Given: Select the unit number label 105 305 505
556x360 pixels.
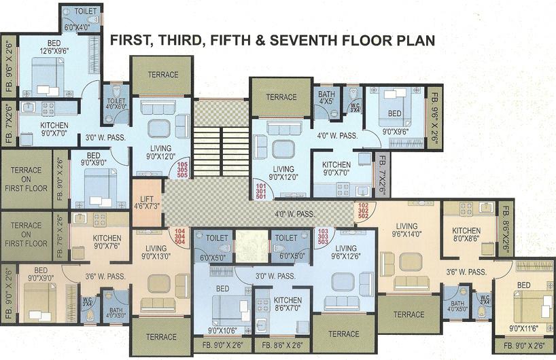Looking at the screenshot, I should pos(182,169).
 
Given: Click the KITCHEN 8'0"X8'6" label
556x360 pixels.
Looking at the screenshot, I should pos(466,235).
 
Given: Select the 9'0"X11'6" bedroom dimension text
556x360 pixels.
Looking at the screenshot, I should pos(523,329).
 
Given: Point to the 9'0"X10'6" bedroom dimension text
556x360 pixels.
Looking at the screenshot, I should pos(223,331).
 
